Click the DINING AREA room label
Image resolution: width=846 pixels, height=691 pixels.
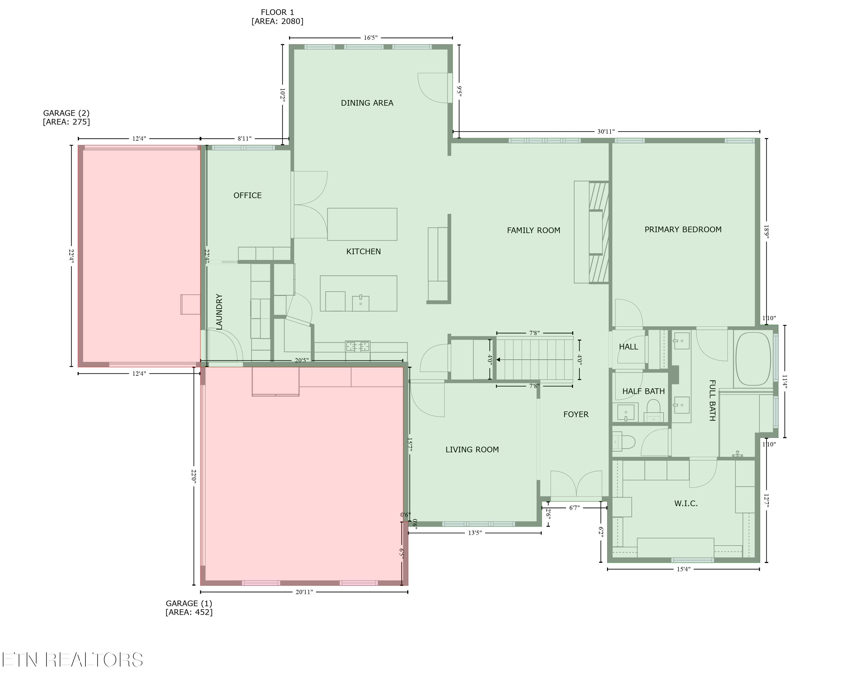click(367, 103)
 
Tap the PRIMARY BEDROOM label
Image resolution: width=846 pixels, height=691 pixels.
click(683, 230)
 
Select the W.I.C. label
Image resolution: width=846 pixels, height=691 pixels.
click(686, 504)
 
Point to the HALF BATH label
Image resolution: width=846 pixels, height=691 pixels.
click(643, 391)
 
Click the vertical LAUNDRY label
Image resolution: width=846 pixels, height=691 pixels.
click(219, 312)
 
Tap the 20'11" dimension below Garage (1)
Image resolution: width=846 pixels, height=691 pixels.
click(304, 592)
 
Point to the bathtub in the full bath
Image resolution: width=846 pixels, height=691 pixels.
click(753, 359)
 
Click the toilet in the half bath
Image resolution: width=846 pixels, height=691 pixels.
click(653, 410)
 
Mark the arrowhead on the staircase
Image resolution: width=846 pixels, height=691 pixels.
click(498, 359)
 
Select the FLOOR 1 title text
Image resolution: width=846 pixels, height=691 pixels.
click(277, 12)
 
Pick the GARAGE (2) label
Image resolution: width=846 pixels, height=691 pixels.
click(66, 113)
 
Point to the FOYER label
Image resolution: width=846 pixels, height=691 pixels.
click(576, 414)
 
